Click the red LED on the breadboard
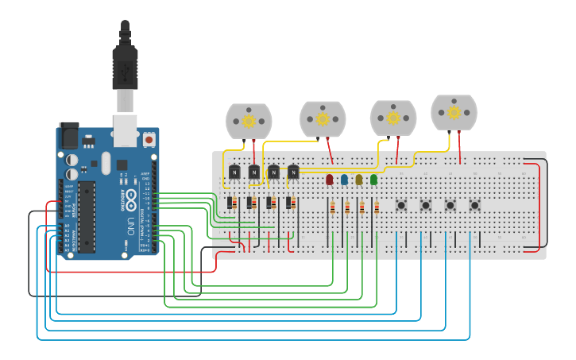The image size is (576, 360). tap(330, 180)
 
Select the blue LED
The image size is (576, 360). tap(344, 180)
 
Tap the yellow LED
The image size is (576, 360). tap(359, 180)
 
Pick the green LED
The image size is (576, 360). tap(373, 180)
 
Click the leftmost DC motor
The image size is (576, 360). tap(249, 121)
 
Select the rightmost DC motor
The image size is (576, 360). tap(454, 112)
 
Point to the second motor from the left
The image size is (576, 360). tap(323, 118)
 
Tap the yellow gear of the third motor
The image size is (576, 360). tap(393, 118)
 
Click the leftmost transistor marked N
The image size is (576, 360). tap(234, 171)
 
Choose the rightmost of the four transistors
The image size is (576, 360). tap(293, 171)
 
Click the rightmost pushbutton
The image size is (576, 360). tap(474, 205)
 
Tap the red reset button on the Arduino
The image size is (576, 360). tap(149, 140)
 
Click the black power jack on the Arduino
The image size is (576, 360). tap(68, 136)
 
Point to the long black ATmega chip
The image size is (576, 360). tap(87, 215)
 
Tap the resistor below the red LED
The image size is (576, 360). tap(332, 208)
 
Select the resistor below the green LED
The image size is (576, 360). tap(377, 208)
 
